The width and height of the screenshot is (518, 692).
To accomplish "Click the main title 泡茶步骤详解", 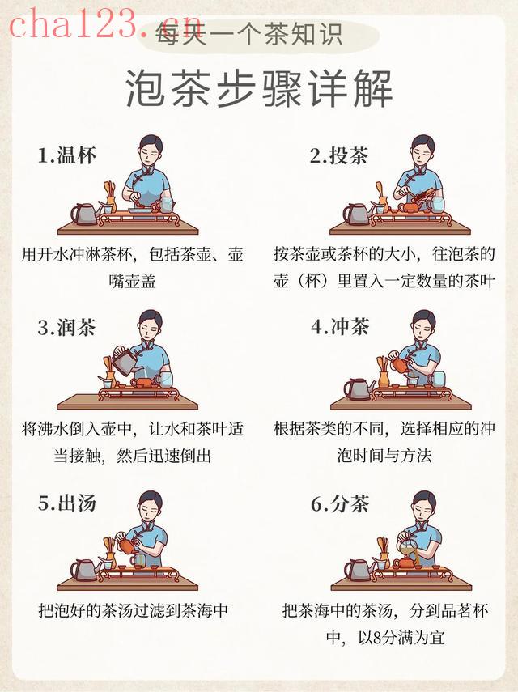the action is [x=259, y=88].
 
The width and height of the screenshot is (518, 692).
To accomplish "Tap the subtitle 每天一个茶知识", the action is [x=248, y=35].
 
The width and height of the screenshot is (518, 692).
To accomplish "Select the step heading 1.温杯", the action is [x=66, y=155].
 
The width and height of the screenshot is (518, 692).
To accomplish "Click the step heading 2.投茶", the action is [x=338, y=155].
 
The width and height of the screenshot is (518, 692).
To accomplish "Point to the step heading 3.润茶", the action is [x=66, y=328].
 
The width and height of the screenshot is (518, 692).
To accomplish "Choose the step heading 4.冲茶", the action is [x=339, y=327].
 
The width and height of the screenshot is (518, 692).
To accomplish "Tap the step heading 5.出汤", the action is [x=66, y=503].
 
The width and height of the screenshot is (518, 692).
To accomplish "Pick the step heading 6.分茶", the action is [x=339, y=503].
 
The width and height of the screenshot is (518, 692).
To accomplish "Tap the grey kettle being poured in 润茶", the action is [x=125, y=359].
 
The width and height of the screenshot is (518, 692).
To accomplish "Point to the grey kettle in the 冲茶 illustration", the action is [x=359, y=388].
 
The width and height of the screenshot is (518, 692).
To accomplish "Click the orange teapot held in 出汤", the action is [x=127, y=546].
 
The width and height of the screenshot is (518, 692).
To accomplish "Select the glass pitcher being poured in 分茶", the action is [x=407, y=549].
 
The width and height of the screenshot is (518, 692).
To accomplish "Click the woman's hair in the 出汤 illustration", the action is [x=151, y=499].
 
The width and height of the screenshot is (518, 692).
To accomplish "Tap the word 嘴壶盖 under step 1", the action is [x=133, y=281].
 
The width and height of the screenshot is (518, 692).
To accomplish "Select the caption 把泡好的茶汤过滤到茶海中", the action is [x=133, y=611].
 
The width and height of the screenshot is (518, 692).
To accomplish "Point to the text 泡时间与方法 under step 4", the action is [x=384, y=455].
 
